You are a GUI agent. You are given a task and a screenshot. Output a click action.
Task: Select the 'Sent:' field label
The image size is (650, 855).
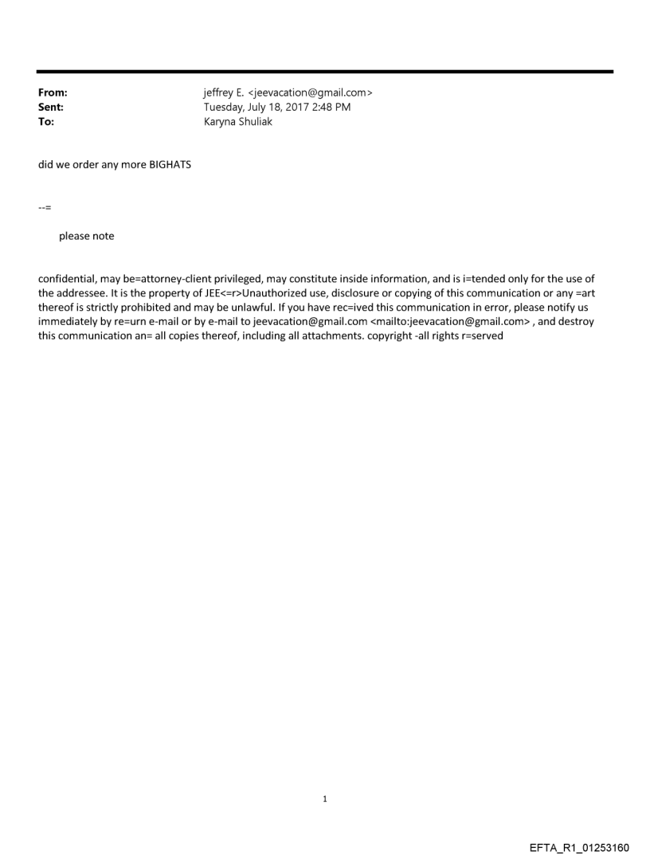point(51,108)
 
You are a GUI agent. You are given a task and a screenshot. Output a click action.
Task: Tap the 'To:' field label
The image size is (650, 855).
point(46,122)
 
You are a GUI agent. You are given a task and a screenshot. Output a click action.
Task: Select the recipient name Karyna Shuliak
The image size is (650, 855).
point(238,122)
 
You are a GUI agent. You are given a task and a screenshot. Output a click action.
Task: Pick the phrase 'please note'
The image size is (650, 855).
point(87,236)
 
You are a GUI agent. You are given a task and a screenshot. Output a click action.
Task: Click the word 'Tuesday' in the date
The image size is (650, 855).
point(224,108)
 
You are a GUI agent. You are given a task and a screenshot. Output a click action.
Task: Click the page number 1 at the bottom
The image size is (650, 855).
point(325,798)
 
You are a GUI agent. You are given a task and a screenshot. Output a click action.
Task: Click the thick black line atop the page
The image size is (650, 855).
point(325,72)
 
